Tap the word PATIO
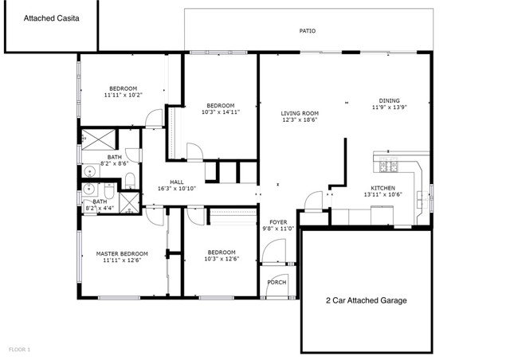click(307, 31)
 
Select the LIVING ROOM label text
click(300, 113)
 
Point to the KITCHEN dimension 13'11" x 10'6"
click(382, 194)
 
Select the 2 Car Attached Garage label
click(367, 300)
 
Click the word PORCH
click(277, 282)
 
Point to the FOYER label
click(277, 221)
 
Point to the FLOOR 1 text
click(19, 349)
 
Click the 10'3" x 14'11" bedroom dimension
click(220, 112)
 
